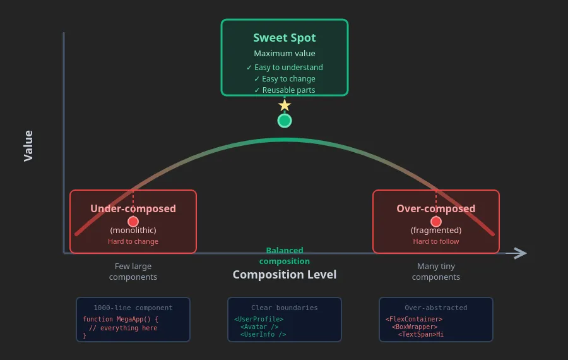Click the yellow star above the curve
(x=285, y=105)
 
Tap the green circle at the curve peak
(x=285, y=121)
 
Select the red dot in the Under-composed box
(x=133, y=222)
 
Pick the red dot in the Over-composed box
(x=436, y=222)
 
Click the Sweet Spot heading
(x=285, y=38)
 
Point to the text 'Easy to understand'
(x=288, y=68)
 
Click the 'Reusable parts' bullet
(x=288, y=90)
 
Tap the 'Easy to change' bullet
(x=288, y=79)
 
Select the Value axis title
(x=28, y=146)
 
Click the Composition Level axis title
(x=285, y=275)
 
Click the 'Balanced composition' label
(x=285, y=256)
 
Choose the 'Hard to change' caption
(x=133, y=241)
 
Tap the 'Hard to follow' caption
(x=436, y=241)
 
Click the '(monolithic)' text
(x=133, y=230)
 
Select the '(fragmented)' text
(x=436, y=230)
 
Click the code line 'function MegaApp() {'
(x=121, y=319)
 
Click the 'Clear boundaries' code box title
(x=285, y=308)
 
